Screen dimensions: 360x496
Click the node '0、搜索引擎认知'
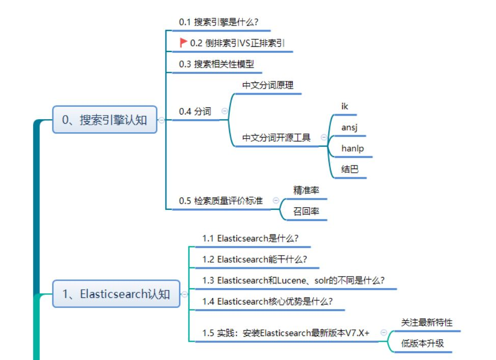104,120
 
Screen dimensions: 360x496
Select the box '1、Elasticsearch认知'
116,294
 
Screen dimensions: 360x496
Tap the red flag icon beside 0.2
183,43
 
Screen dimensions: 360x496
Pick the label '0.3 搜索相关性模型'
216,64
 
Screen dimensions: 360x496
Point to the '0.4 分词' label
195,112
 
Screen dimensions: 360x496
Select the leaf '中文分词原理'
268,86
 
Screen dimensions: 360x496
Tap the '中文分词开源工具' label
277,137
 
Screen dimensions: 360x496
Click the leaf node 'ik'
345,106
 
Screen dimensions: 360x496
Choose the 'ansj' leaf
349,127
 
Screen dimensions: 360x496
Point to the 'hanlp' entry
352,148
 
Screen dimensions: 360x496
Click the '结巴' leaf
350,169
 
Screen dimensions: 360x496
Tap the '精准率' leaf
306,190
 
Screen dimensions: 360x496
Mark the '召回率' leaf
306,211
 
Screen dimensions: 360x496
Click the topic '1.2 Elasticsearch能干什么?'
255,259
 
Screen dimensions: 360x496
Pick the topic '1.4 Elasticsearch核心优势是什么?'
267,301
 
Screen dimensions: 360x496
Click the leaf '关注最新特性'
427,322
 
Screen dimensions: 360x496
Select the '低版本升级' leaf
423,343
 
